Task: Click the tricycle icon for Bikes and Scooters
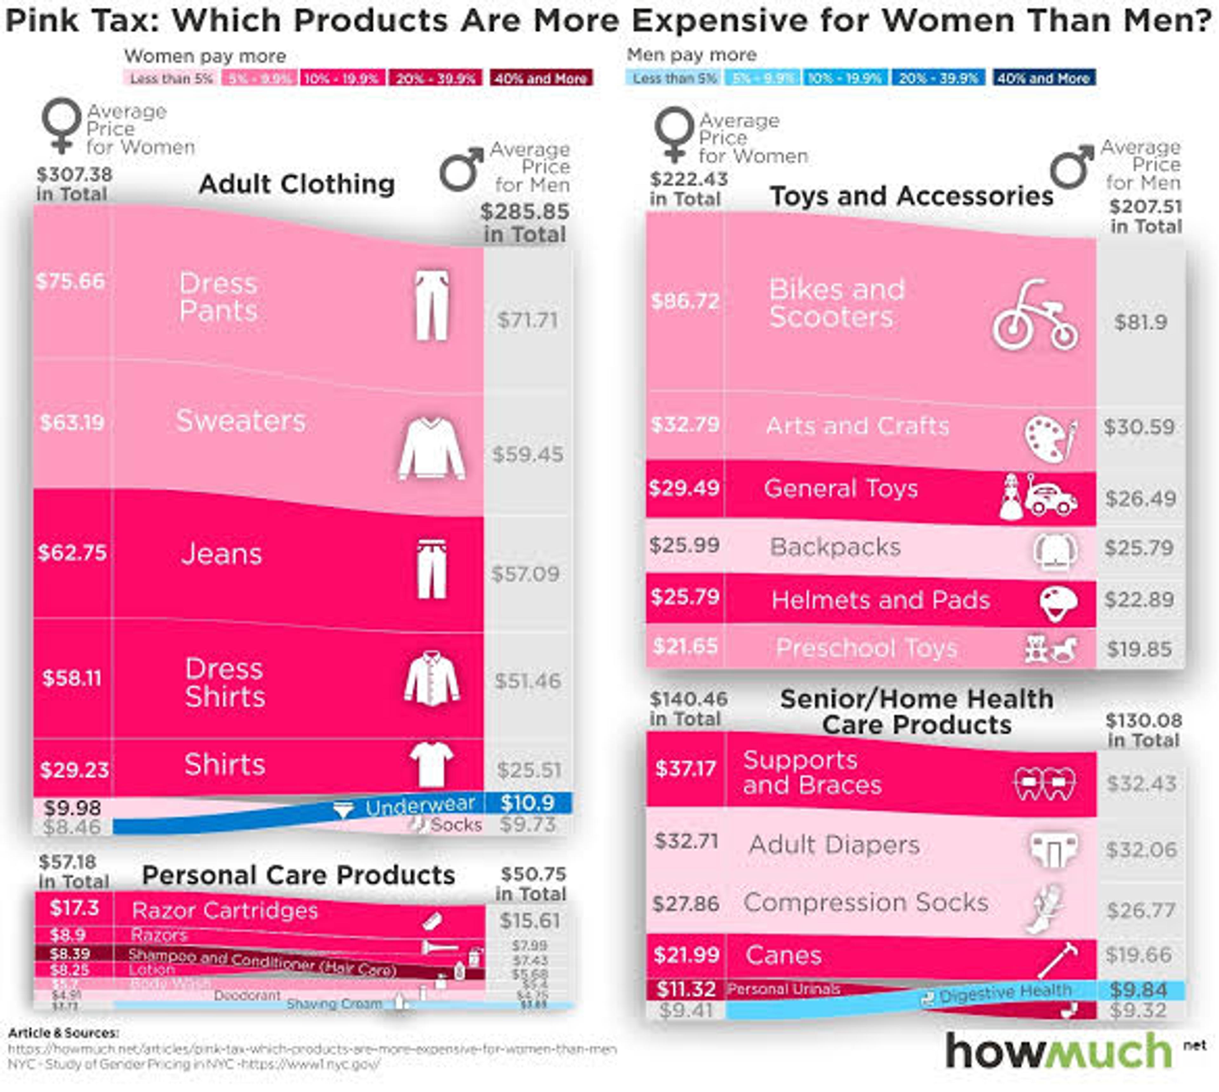click(x=1035, y=316)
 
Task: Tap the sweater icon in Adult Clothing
click(x=431, y=449)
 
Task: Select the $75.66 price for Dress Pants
click(x=70, y=281)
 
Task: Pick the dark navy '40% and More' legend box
click(x=1044, y=78)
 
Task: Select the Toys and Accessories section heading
click(x=911, y=196)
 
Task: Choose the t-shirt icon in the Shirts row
click(x=431, y=764)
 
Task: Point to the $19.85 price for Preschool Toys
click(x=1139, y=649)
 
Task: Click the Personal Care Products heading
click(x=298, y=875)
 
